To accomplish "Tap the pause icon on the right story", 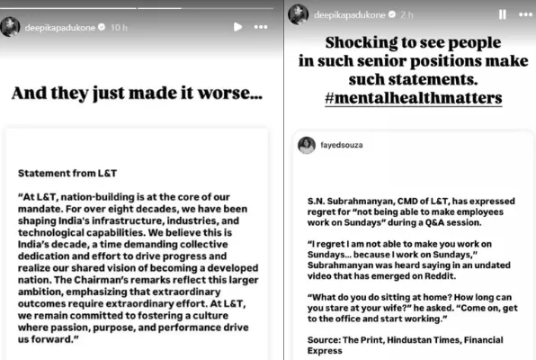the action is point(502,14).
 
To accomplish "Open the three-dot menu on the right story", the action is point(524,14).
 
